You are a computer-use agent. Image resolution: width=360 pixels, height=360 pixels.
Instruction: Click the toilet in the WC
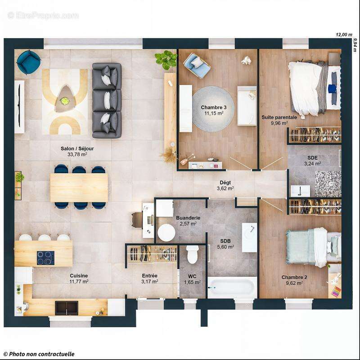pos(193,255)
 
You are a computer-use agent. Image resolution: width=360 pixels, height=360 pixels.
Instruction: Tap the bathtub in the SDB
pos(232,287)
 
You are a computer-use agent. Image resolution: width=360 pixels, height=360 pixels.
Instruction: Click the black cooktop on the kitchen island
pos(45,258)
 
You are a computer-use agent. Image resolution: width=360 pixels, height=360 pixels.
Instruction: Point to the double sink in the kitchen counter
pos(67,308)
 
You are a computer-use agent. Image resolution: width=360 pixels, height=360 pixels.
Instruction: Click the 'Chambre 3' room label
pos(211,107)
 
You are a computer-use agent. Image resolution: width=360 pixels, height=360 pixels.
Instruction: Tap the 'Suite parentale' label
pos(279,117)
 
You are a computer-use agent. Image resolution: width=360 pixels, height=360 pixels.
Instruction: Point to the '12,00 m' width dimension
pos(343,35)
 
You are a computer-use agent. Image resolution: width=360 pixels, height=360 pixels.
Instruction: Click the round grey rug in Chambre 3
pos(213,109)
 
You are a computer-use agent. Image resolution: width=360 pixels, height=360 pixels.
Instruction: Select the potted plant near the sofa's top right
pos(166,59)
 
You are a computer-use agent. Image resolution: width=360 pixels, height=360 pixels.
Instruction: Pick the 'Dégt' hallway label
pos(225,182)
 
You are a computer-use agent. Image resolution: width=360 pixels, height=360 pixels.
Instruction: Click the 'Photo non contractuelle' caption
pos(39,354)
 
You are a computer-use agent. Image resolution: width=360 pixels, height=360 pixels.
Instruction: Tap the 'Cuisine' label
pos(79,276)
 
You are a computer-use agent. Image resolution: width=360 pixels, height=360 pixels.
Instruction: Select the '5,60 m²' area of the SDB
pos(225,247)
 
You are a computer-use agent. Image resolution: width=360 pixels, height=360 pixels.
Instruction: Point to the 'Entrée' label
pos(149,276)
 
